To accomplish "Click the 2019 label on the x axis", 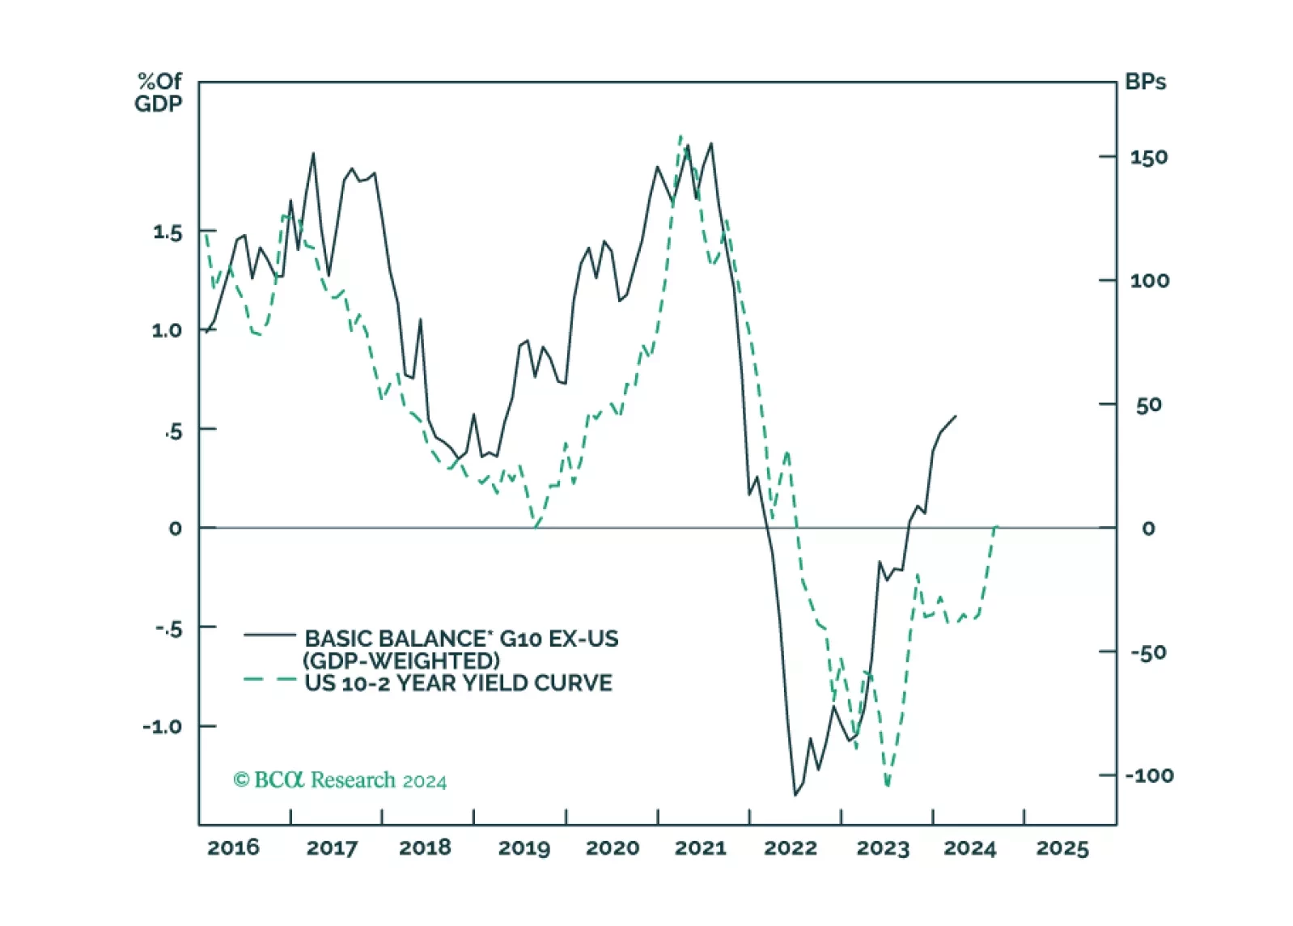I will [524, 848].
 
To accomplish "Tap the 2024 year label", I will [969, 848].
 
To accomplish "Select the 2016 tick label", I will [233, 847].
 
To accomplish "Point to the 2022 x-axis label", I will [791, 848].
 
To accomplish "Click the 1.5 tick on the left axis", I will [167, 232].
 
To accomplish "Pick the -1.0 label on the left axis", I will [163, 726].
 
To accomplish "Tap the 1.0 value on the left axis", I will [167, 330].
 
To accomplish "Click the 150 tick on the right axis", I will [1149, 157].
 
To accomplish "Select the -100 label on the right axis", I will [1149, 775].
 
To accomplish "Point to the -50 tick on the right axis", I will [1149, 652].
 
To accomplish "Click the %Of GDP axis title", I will [159, 92].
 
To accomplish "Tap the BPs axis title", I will [1145, 82].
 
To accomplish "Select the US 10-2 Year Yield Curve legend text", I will [458, 683].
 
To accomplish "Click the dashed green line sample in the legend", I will [270, 680].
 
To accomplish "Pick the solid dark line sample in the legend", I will [270, 635].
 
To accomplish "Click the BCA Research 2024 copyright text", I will [340, 780].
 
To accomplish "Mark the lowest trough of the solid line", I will [795, 795].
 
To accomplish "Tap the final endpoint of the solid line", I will [956, 417].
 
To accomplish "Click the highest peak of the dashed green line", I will [680, 137].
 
